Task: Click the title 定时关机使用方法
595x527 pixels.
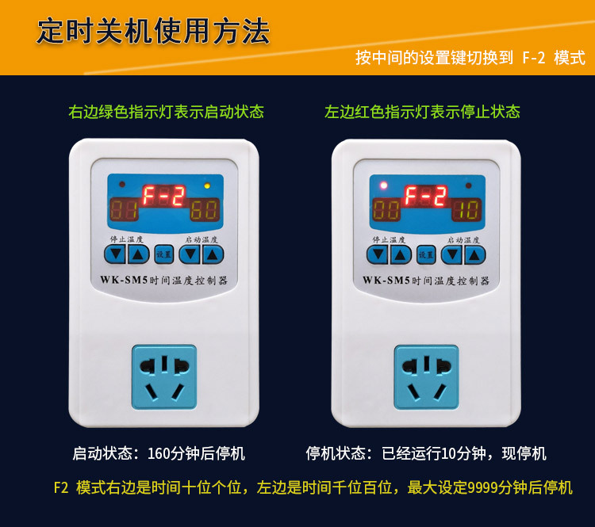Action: (153, 31)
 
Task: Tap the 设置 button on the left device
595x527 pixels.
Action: (164, 254)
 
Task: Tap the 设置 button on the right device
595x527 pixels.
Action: (426, 254)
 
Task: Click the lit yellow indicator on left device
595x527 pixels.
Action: (207, 185)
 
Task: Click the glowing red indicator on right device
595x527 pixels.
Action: (384, 185)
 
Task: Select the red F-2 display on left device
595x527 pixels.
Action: (164, 196)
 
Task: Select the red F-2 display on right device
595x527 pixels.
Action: (426, 196)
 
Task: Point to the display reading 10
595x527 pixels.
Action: (466, 210)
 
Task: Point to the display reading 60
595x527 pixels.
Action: (205, 210)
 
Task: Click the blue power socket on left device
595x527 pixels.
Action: (164, 377)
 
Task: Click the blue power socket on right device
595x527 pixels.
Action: (427, 377)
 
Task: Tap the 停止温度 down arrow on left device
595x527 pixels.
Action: (115, 254)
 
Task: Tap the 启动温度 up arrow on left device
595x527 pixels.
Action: (213, 254)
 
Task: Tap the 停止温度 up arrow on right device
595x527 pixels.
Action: (401, 254)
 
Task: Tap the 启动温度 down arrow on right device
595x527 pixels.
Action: (452, 254)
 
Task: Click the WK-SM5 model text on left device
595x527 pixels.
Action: (124, 280)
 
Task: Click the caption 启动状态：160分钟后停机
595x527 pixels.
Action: (159, 453)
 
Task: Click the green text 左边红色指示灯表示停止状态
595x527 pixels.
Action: (422, 112)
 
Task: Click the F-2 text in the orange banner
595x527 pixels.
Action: (534, 58)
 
